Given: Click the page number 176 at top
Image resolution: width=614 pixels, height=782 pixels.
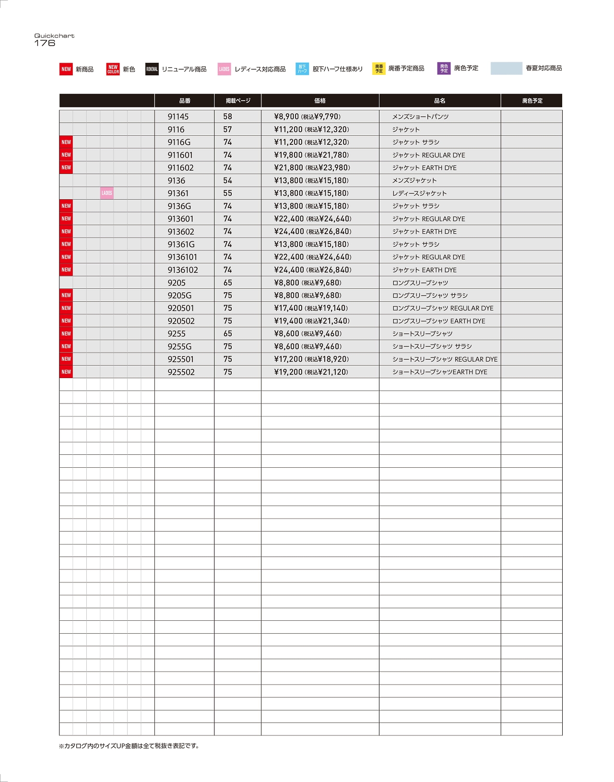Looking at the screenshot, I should pos(45,43).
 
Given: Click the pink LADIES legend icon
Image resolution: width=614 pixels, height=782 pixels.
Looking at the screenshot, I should pos(224,69).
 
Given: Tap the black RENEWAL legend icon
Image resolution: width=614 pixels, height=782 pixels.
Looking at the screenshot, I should pos(152,69).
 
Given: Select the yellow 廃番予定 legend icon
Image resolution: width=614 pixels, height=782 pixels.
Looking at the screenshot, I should pos(378,69).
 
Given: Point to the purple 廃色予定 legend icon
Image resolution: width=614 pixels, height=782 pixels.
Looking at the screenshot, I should pos(444,69).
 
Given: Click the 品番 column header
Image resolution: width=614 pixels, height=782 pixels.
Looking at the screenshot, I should pos(185,101).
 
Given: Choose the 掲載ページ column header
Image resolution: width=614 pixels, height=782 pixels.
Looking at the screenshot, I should pos(238,101).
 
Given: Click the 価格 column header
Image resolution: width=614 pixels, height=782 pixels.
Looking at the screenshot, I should pos(320,101).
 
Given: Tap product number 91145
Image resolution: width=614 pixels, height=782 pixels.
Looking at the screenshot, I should pos(178,117).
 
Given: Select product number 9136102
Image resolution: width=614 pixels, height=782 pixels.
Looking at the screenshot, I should pos(183,270).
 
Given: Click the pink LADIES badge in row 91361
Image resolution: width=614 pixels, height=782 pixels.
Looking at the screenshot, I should pos(107,193).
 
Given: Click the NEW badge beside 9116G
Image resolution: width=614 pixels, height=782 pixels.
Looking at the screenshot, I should pos(66,142).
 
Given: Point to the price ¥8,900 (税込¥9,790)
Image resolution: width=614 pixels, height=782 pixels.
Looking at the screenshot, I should pos(307,117).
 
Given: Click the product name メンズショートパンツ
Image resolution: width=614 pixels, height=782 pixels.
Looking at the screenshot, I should pos(420,117).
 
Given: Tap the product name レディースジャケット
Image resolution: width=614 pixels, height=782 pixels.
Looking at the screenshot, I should pos(419,193).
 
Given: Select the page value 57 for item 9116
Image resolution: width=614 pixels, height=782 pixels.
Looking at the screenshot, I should pos(227,130).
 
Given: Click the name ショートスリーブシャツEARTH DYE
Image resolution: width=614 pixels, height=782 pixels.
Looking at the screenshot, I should pos(439,372).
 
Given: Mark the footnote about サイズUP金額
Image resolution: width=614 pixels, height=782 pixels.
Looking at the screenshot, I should pos(129,746).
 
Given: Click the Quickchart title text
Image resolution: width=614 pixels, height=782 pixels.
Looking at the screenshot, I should pos(54,36).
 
